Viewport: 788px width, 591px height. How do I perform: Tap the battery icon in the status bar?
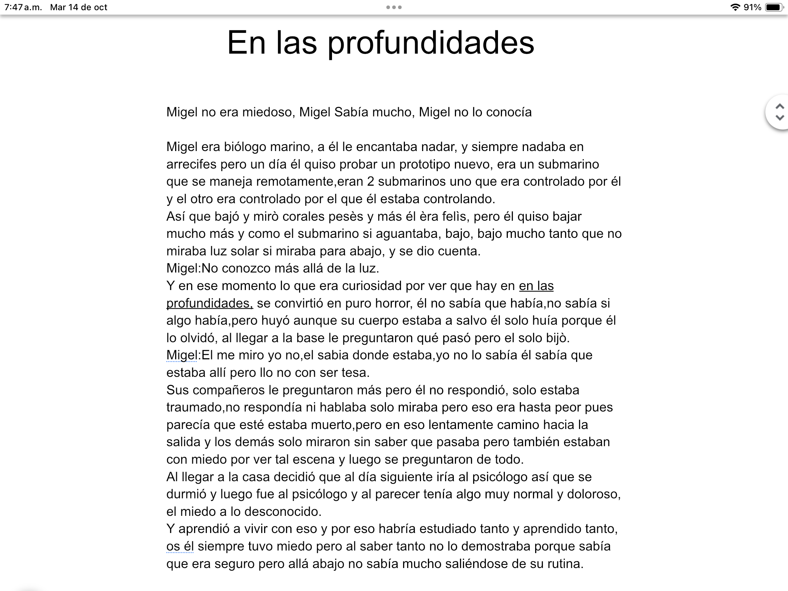(x=773, y=7)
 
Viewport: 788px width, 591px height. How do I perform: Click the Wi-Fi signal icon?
(x=735, y=7)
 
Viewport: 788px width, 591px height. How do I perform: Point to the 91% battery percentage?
(x=752, y=7)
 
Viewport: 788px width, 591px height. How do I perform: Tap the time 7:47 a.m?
(x=23, y=7)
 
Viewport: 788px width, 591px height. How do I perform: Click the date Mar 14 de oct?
(x=78, y=7)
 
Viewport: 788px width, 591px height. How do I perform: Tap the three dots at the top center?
(x=394, y=7)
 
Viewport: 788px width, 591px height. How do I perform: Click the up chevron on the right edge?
(x=780, y=107)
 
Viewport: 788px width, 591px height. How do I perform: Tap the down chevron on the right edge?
(x=780, y=117)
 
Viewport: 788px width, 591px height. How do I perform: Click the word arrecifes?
(x=191, y=165)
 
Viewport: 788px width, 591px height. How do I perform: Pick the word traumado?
(x=194, y=407)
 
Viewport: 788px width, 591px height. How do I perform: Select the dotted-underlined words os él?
(x=180, y=546)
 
